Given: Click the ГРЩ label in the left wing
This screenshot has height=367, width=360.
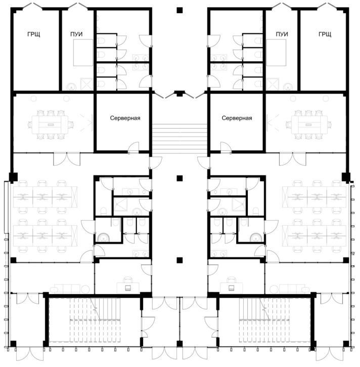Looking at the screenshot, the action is [x=34, y=34].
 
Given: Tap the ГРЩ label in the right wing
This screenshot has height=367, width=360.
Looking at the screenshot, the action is [x=325, y=34].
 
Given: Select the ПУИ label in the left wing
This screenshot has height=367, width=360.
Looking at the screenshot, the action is [x=76, y=34].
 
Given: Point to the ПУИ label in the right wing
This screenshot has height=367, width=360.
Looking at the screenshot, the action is [x=282, y=34].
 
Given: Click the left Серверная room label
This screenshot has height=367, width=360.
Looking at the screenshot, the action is [x=125, y=118].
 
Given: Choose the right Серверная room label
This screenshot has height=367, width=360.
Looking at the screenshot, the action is [x=237, y=118].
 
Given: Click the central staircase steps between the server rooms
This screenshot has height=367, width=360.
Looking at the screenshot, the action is [x=179, y=139].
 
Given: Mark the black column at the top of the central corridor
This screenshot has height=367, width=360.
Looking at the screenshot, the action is [x=179, y=10].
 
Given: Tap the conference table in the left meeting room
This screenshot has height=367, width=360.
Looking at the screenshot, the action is [x=51, y=125].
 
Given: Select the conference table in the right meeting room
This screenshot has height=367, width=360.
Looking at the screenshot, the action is [x=309, y=125].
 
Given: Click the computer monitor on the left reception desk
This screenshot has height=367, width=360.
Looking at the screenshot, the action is [x=128, y=288].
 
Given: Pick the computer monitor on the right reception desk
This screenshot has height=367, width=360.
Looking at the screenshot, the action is [x=231, y=288].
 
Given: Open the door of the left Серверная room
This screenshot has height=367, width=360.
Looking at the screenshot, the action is [x=133, y=148].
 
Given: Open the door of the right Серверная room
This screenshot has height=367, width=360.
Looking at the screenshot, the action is [x=226, y=148].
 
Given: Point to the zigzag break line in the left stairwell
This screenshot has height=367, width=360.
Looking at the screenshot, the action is [x=96, y=309].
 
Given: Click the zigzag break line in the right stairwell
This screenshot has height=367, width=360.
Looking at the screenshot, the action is [x=264, y=309].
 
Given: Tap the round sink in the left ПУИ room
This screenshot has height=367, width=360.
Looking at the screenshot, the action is [x=71, y=87].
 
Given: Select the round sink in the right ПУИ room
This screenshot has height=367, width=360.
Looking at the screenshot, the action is [x=288, y=87].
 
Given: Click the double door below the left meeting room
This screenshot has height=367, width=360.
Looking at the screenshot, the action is [x=67, y=159].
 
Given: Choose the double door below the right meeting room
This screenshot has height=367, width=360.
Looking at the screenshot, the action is [x=292, y=159].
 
